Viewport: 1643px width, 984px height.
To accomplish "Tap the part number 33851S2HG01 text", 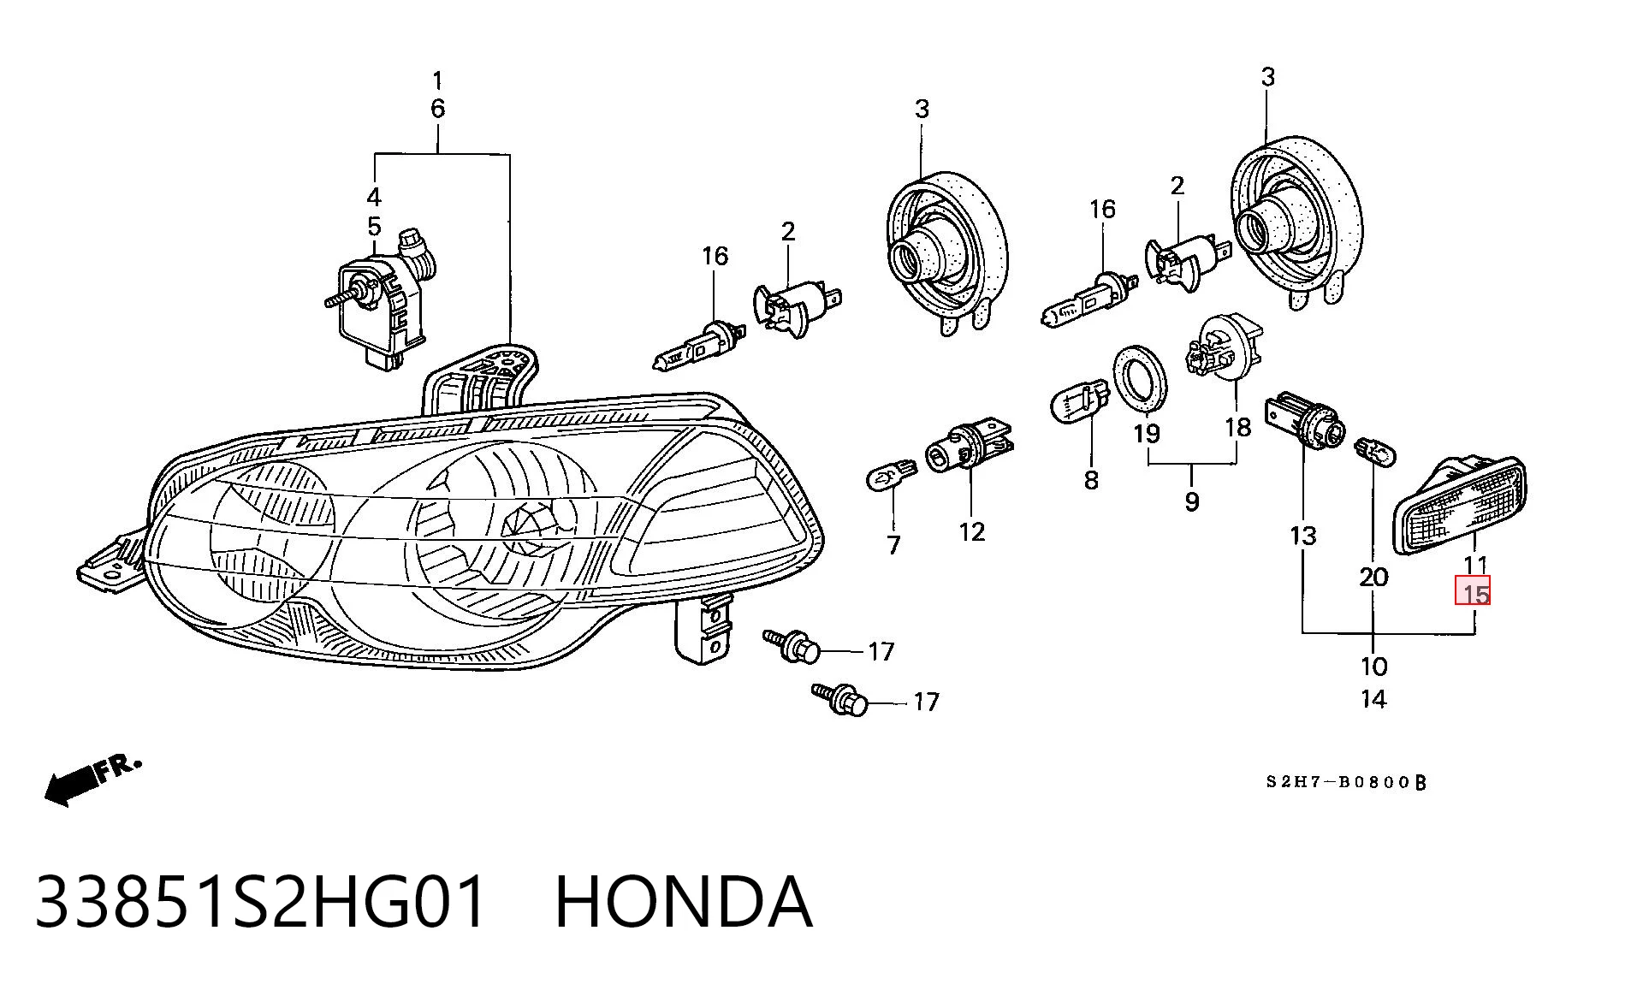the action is point(261,902).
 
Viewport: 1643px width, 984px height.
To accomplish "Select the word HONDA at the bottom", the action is point(683,902).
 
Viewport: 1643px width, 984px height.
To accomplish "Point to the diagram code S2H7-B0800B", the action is point(1347,782).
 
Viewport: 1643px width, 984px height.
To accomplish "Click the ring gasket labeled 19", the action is point(1140,378).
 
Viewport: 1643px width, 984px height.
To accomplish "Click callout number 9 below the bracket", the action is point(1192,501).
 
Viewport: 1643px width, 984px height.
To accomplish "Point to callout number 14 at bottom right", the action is point(1373,699).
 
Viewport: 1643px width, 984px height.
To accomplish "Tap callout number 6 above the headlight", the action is point(437,109).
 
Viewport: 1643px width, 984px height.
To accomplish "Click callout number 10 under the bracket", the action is point(1373,666).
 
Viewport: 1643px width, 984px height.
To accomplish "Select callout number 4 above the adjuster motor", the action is point(374,197).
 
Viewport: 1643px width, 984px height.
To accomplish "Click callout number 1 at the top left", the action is point(437,81).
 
